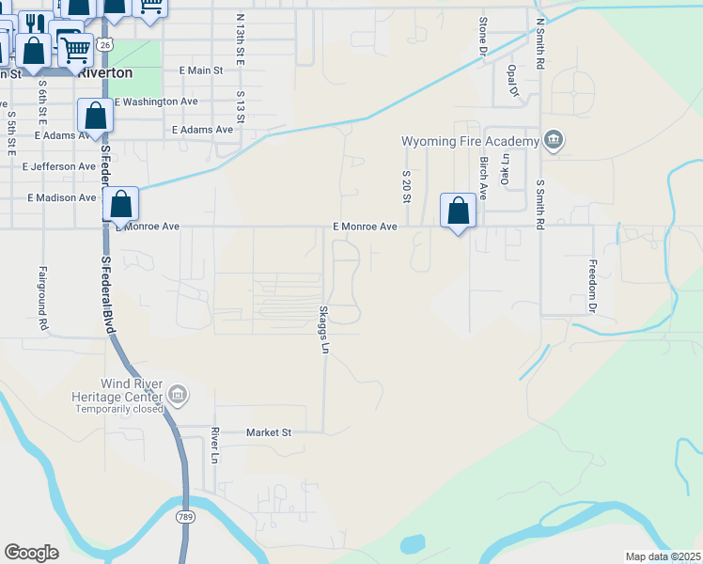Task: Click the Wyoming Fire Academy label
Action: (x=471, y=141)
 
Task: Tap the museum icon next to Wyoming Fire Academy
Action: (x=554, y=141)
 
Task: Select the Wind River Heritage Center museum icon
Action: (x=178, y=396)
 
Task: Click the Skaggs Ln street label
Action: (x=324, y=330)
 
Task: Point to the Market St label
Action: (x=269, y=432)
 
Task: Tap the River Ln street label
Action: (x=215, y=446)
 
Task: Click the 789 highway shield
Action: (x=184, y=516)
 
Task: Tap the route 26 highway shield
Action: (x=104, y=44)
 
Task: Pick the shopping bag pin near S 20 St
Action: (x=459, y=210)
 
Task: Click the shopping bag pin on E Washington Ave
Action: (x=96, y=116)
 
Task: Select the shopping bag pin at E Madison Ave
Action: (x=120, y=203)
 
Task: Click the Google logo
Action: (x=31, y=552)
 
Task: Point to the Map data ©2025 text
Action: (x=663, y=556)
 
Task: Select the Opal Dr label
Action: (x=512, y=80)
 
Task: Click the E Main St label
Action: (x=200, y=70)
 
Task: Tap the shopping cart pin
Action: (x=75, y=48)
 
